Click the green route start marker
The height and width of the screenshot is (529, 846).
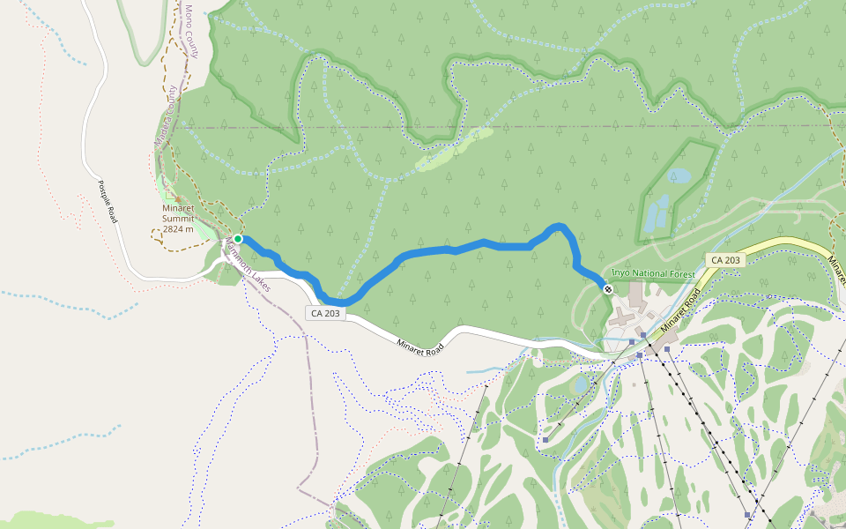[238, 238]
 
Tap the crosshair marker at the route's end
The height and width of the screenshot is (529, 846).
[608, 289]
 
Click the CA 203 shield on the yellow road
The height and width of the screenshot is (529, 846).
[724, 260]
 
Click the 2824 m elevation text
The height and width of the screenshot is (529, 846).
[178, 228]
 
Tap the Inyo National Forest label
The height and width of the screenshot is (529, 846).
[653, 274]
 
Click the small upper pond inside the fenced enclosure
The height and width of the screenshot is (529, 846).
[679, 176]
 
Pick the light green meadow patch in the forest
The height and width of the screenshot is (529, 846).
[454, 149]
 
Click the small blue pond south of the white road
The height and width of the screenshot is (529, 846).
[579, 385]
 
